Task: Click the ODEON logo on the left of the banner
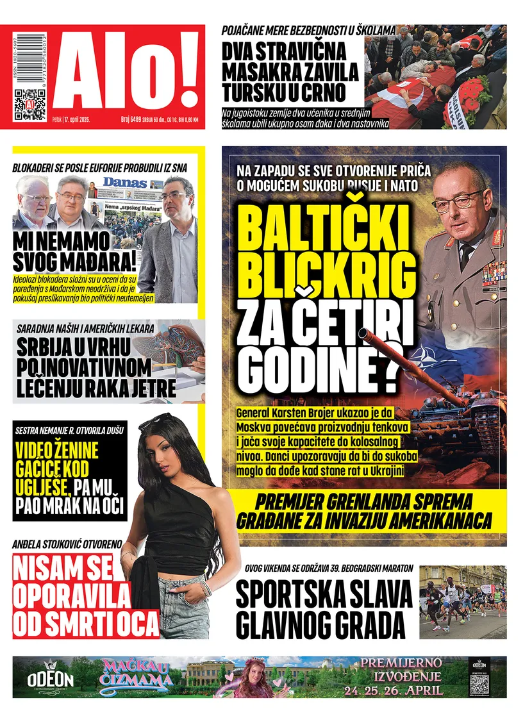click(50, 678)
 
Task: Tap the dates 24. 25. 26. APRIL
click(393, 690)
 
